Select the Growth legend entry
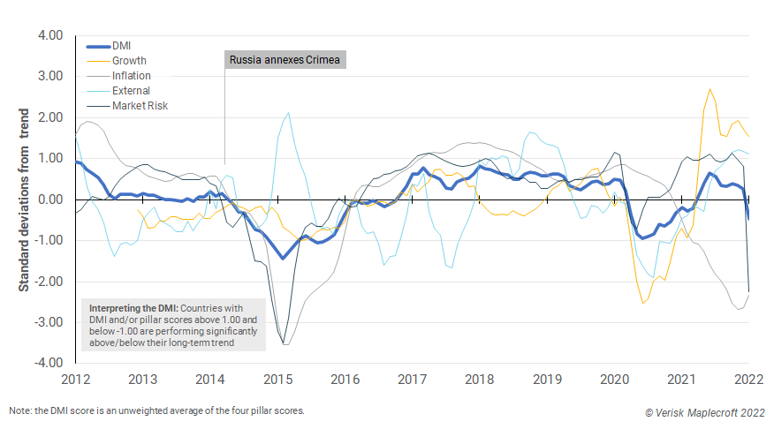coord(130,60)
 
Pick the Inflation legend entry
coord(131,75)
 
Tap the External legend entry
coord(131,90)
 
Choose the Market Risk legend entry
coord(139,105)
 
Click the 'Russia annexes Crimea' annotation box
coord(285,60)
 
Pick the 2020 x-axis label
coord(614,380)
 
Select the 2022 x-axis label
coord(748,380)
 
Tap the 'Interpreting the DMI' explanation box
coord(173,325)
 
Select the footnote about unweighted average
coord(156,411)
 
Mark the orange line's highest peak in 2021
coord(709,89)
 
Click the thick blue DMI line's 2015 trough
coord(283,258)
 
